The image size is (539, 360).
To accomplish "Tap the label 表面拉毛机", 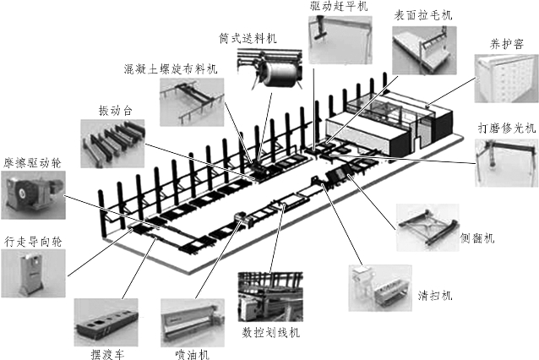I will (x=423, y=15).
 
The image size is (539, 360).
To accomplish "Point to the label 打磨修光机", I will (x=505, y=128).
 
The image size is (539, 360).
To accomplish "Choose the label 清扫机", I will (x=435, y=296).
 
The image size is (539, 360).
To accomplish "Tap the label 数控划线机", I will (x=270, y=330).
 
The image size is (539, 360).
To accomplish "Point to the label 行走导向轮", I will (x=33, y=241).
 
